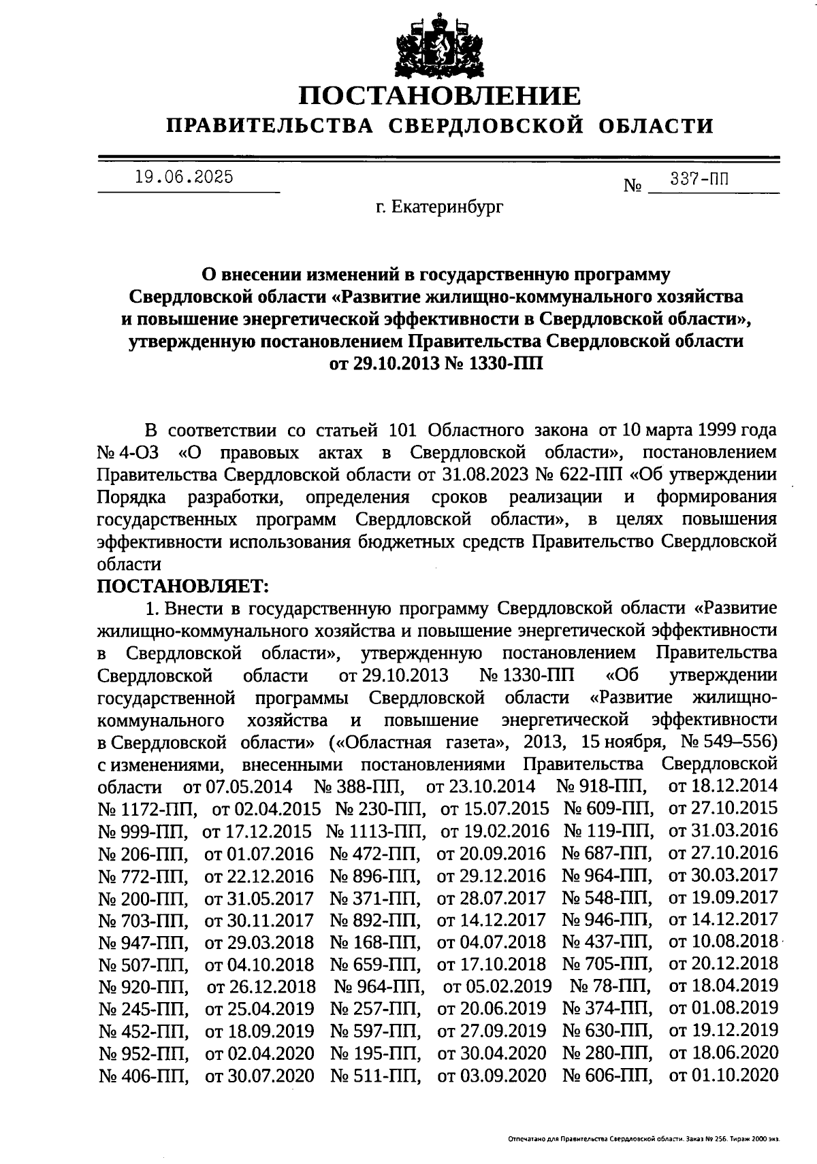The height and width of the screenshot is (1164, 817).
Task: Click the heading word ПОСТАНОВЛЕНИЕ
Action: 440,96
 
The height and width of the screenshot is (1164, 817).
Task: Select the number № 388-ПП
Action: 360,786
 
